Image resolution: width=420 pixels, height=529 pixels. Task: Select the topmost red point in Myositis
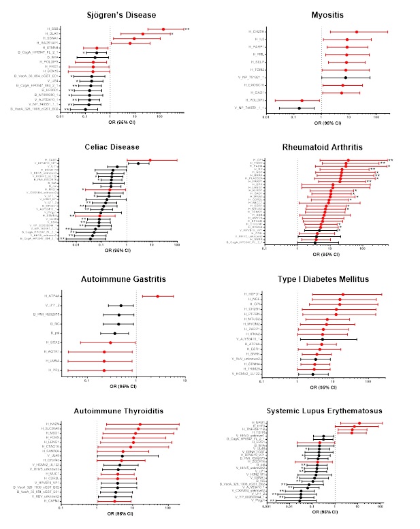tap(357, 32)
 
